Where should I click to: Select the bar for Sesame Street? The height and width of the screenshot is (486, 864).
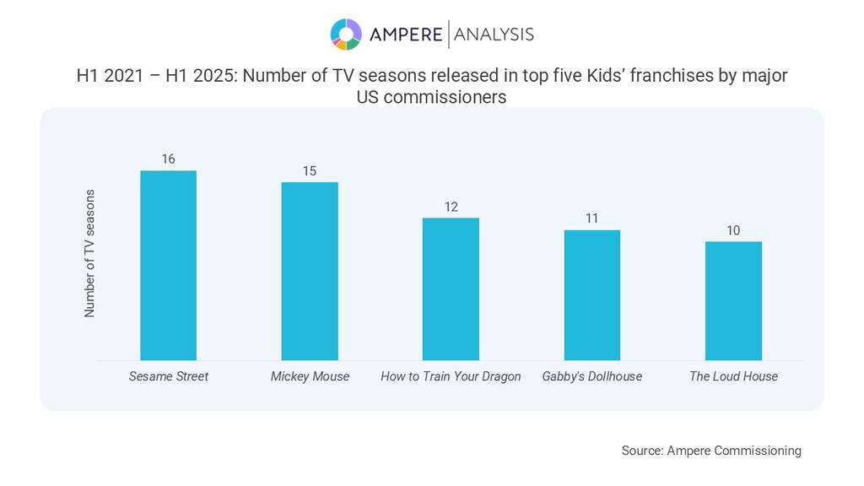(168, 266)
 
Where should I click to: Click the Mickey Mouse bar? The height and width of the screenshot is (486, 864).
(310, 272)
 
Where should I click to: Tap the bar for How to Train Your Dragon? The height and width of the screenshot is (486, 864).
(451, 289)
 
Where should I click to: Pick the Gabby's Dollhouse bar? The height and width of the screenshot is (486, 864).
(592, 295)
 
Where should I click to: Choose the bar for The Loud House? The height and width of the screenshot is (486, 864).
(733, 301)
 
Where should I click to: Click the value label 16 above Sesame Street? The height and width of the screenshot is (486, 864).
(168, 159)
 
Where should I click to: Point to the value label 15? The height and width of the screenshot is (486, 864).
(310, 170)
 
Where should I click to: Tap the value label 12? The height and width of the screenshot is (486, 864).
(451, 207)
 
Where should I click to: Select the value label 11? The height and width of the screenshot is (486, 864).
(592, 219)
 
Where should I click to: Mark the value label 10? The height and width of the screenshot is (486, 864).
(733, 230)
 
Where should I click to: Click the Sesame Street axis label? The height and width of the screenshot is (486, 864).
(168, 376)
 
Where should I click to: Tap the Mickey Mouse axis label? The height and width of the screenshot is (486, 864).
(310, 376)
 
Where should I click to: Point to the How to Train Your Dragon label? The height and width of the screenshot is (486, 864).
(451, 376)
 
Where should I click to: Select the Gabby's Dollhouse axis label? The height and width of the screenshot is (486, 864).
(592, 376)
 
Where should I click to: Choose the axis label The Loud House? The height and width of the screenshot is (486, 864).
(733, 376)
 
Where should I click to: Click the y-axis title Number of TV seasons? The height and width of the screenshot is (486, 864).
(89, 253)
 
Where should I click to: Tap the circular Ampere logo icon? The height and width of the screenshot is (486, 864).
(346, 34)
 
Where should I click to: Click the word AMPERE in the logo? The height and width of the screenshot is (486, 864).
(405, 34)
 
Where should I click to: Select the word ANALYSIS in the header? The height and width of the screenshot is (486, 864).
(494, 34)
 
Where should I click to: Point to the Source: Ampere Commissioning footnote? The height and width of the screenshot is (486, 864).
(711, 451)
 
